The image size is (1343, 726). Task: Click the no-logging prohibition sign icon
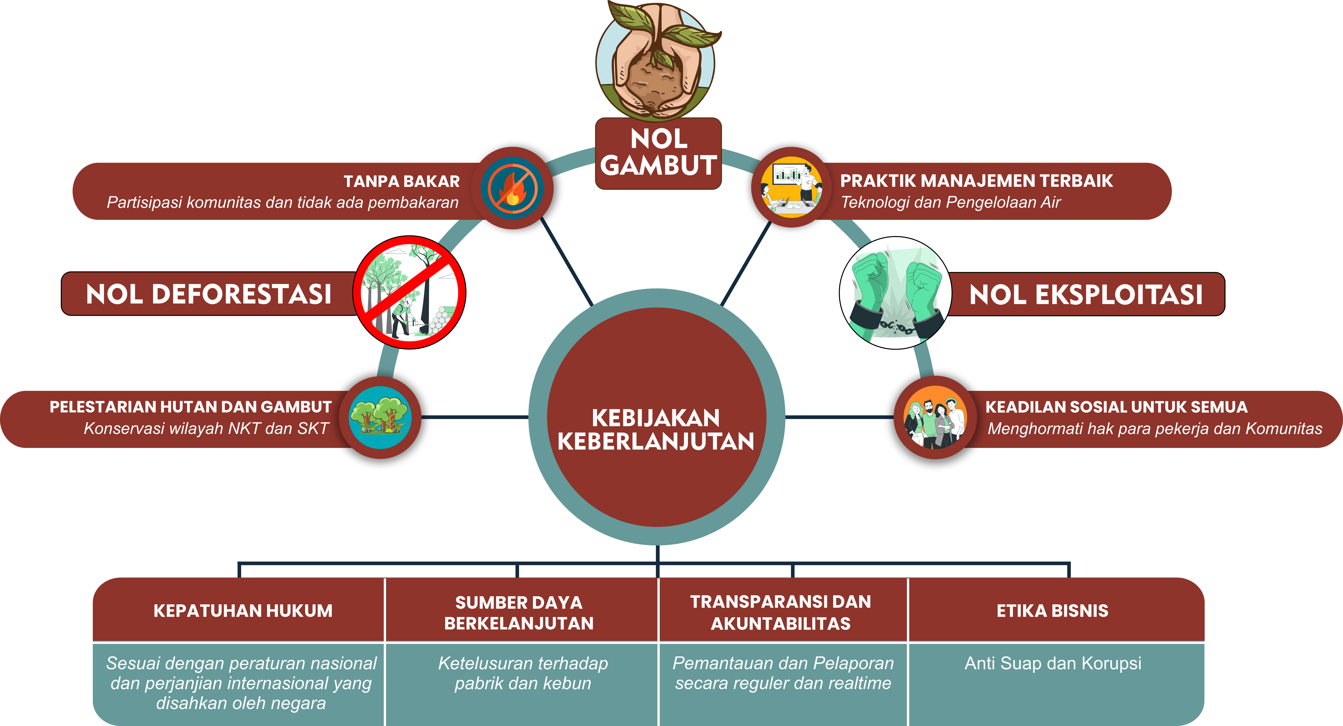click(x=409, y=292)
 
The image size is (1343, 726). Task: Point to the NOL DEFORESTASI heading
click(x=208, y=294)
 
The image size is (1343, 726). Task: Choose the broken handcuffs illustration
click(x=895, y=293)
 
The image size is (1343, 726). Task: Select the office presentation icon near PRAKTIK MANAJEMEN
click(x=791, y=187)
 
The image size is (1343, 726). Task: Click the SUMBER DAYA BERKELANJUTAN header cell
click(x=519, y=612)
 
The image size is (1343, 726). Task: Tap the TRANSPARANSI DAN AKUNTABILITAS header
click(x=780, y=612)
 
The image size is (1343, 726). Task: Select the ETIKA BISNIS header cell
click(x=1052, y=610)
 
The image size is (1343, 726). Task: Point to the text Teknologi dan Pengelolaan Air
click(x=951, y=202)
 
